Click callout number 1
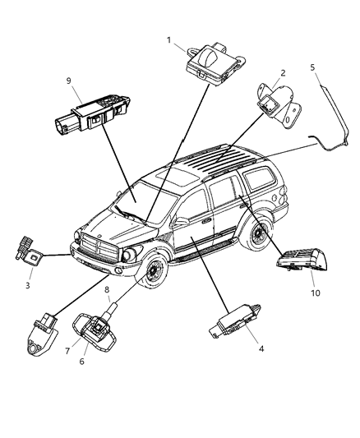(170, 39)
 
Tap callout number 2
(282, 71)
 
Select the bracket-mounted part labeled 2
(275, 104)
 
